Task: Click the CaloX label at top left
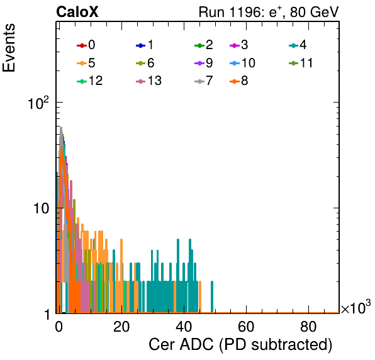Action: [77, 12]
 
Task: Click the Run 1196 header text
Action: [269, 12]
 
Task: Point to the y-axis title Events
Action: [9, 48]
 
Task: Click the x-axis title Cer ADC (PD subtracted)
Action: [240, 345]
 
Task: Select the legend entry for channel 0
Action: [86, 45]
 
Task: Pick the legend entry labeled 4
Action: [298, 45]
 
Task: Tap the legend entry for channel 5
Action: [86, 63]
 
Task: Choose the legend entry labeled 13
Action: [148, 81]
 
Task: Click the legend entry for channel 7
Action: [203, 81]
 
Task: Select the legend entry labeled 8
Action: [238, 81]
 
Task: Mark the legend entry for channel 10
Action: [242, 63]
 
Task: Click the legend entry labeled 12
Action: [90, 81]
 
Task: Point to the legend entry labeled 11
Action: [301, 63]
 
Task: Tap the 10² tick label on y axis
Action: [38, 103]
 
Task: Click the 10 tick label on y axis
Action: [41, 208]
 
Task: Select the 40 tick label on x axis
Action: [184, 326]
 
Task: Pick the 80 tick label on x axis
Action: [308, 326]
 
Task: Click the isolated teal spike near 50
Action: [212, 297]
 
